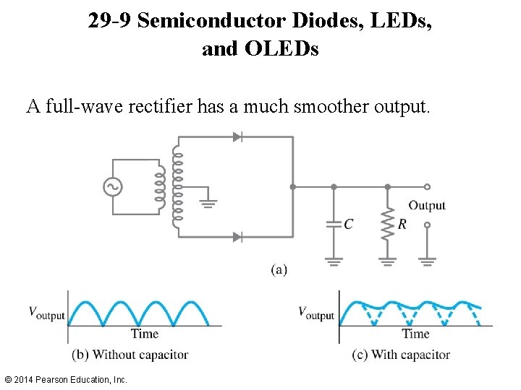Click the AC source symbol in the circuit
point(113,187)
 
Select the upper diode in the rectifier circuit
point(237,136)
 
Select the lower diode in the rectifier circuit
point(237,236)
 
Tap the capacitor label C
point(348,225)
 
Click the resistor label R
point(402,225)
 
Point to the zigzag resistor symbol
point(388,225)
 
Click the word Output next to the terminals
point(427,205)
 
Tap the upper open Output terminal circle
point(427,186)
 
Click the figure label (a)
point(279,269)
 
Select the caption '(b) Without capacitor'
point(130,355)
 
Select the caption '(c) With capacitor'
point(401,355)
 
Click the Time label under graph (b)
point(144,334)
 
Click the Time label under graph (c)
point(415,334)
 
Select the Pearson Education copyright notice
point(65,379)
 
